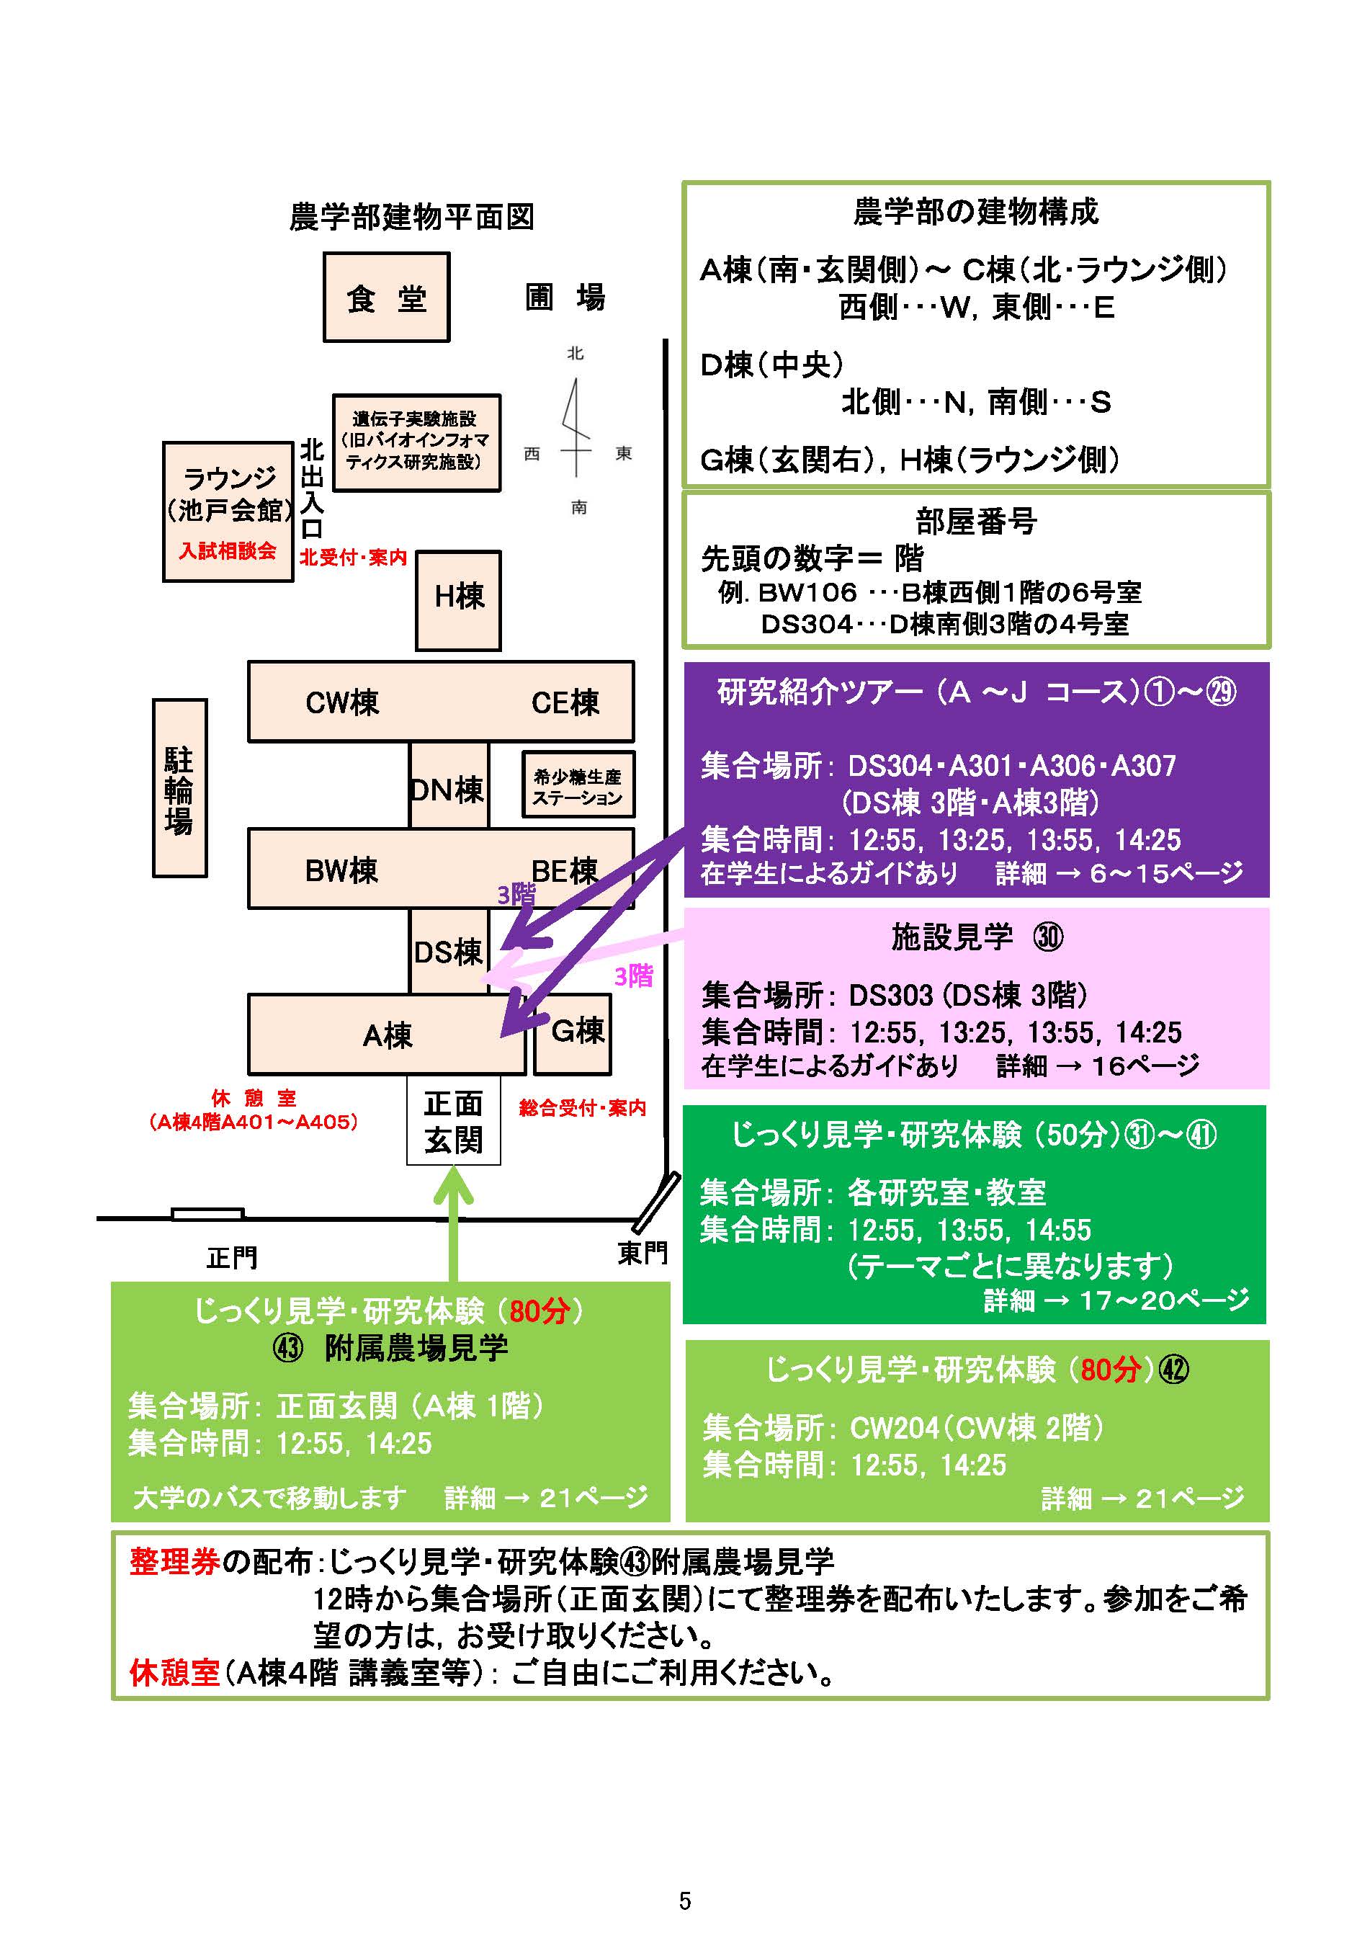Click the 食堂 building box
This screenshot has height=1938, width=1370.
[387, 297]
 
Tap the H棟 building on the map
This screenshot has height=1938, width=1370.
[458, 600]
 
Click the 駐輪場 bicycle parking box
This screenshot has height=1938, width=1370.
[179, 788]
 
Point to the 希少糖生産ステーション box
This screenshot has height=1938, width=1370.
[578, 786]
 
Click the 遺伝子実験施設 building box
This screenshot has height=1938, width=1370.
[416, 442]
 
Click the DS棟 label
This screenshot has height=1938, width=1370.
[447, 952]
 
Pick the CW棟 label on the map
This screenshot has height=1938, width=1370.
[342, 702]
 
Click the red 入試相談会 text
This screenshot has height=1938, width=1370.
[228, 551]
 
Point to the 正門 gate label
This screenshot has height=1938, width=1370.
[232, 1258]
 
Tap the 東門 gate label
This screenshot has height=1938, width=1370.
[643, 1253]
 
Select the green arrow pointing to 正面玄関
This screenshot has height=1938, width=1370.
[453, 1224]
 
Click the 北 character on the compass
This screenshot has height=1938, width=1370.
[576, 354]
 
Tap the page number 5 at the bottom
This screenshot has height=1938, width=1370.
[684, 1901]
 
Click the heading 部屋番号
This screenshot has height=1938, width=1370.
[976, 521]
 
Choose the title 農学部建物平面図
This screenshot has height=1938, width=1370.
[412, 217]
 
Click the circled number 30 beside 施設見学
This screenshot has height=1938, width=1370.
[1049, 937]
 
